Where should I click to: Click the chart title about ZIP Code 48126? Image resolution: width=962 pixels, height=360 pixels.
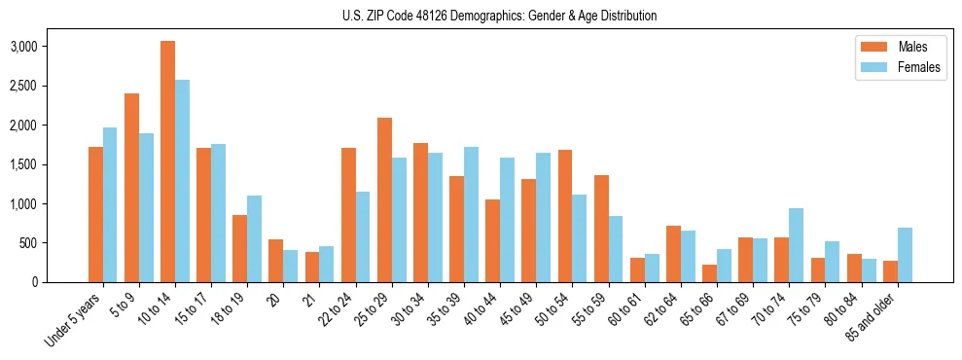pos(499,16)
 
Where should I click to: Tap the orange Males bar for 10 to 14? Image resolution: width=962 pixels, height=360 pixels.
pos(167,162)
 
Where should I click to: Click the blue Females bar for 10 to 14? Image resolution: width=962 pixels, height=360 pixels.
pos(182,181)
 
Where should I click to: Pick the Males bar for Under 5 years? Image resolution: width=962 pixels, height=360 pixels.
pos(95,214)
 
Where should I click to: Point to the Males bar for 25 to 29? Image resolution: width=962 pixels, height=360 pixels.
pos(384,199)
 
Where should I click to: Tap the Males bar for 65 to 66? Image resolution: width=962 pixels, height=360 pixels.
pos(710,273)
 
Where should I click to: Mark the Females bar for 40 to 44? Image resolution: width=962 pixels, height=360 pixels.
pos(507,220)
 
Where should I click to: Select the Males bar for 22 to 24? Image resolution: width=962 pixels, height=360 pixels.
pos(348,215)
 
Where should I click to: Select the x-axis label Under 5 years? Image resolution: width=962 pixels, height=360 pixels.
pos(74,321)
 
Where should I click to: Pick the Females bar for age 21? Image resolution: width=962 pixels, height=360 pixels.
pos(326,264)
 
